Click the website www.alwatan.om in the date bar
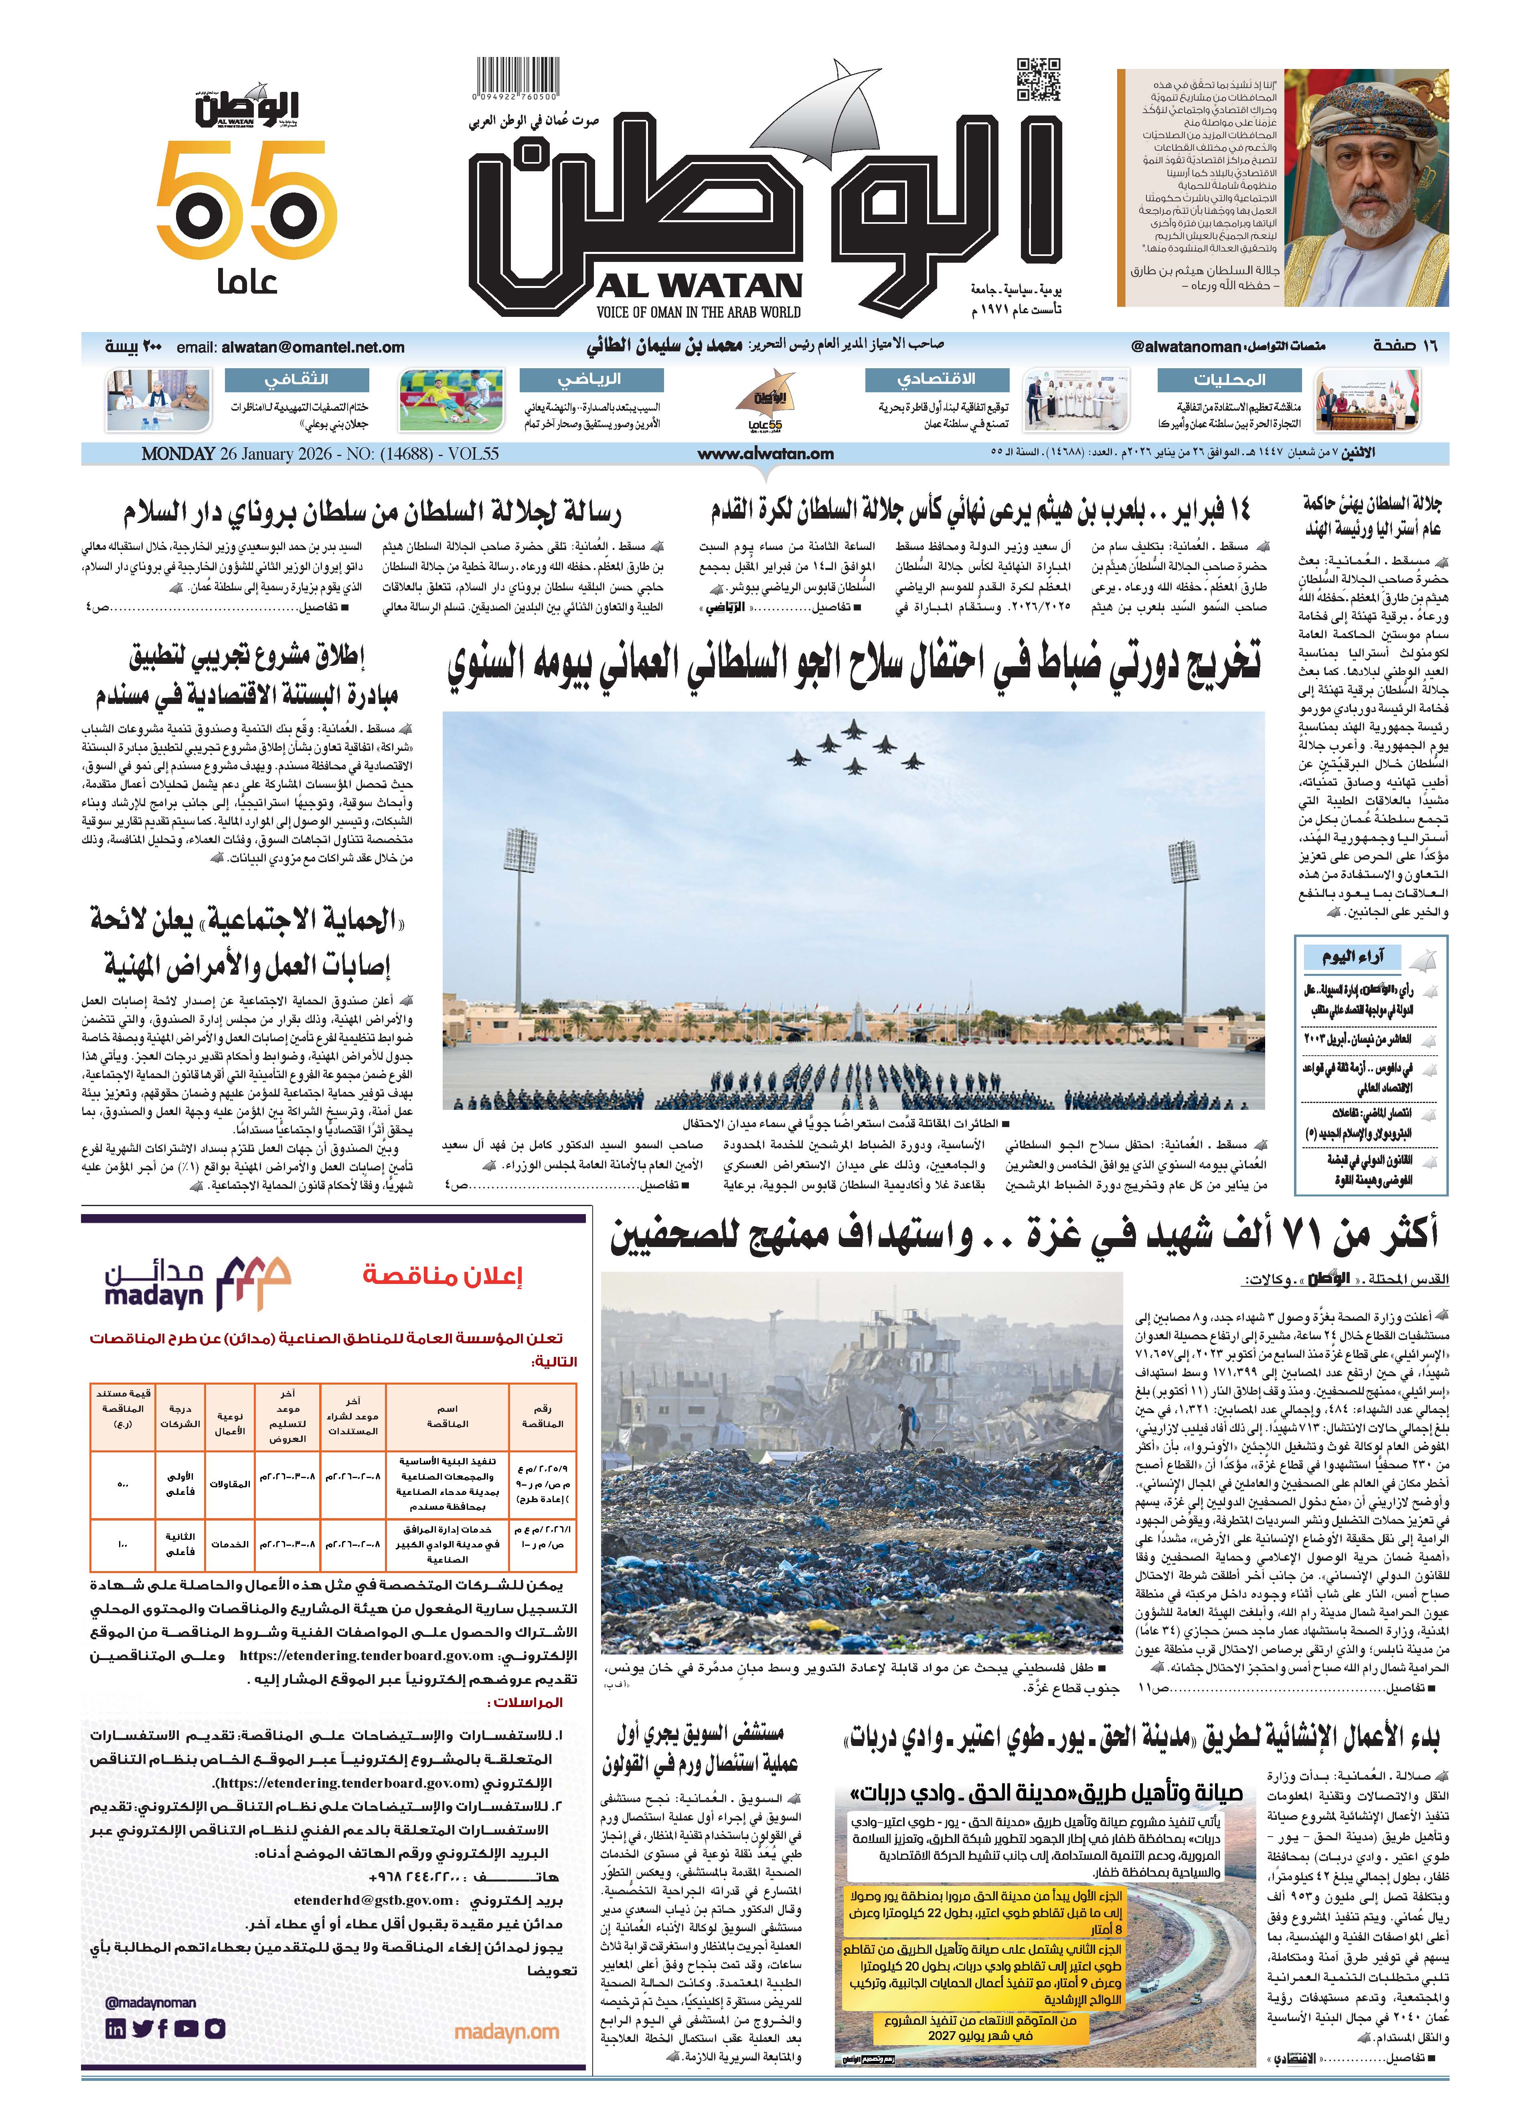click(765, 454)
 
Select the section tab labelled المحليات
click(1229, 379)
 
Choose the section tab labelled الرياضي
click(591, 379)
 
